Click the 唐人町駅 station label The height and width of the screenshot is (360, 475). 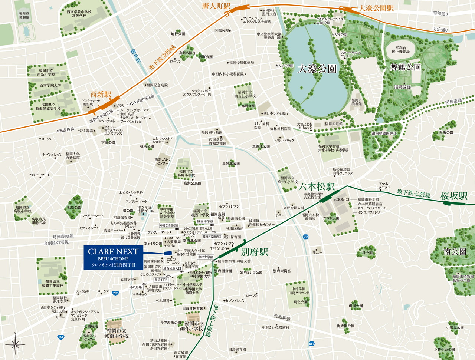click(217, 6)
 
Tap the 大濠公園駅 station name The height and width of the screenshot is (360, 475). click(376, 8)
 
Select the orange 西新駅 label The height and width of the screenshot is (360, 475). click(101, 94)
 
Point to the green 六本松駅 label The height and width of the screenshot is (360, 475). click(317, 186)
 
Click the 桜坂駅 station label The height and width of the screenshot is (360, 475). click(454, 196)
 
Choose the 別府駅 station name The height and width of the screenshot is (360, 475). click(254, 252)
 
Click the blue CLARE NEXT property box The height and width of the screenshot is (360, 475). click(113, 257)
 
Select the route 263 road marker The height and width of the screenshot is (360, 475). click(60, 337)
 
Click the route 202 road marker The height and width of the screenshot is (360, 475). click(115, 293)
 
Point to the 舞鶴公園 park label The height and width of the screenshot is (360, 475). click(406, 67)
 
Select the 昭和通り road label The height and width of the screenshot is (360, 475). click(440, 14)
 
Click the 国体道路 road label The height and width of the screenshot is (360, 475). click(453, 101)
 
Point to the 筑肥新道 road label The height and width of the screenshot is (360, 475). click(282, 317)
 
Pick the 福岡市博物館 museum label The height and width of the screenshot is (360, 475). click(24, 15)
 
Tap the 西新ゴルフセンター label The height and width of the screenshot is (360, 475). click(163, 161)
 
